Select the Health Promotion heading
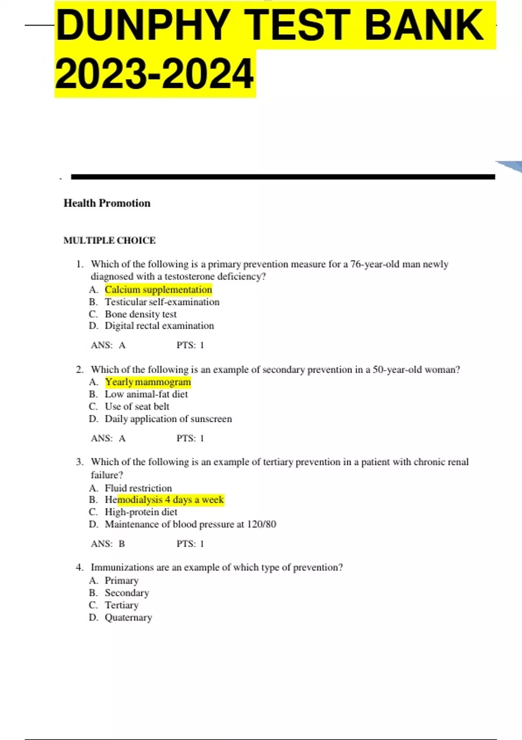[x=107, y=203]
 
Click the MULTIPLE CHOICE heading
[x=110, y=240]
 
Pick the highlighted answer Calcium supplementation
[x=158, y=289]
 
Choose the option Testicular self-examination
[x=162, y=302]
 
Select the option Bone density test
[x=141, y=314]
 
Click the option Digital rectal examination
[x=159, y=326]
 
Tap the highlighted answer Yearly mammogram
[x=148, y=382]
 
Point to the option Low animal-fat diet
[x=146, y=394]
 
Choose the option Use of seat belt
[x=137, y=406]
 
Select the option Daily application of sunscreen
[x=168, y=419]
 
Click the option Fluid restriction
[x=138, y=488]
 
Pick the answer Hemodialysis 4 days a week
[x=164, y=500]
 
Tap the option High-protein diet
[x=141, y=512]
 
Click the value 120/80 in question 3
[x=261, y=524]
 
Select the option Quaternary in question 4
[x=128, y=617]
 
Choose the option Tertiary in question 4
[x=122, y=605]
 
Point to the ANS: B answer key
[x=108, y=544]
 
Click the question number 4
[x=79, y=567]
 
